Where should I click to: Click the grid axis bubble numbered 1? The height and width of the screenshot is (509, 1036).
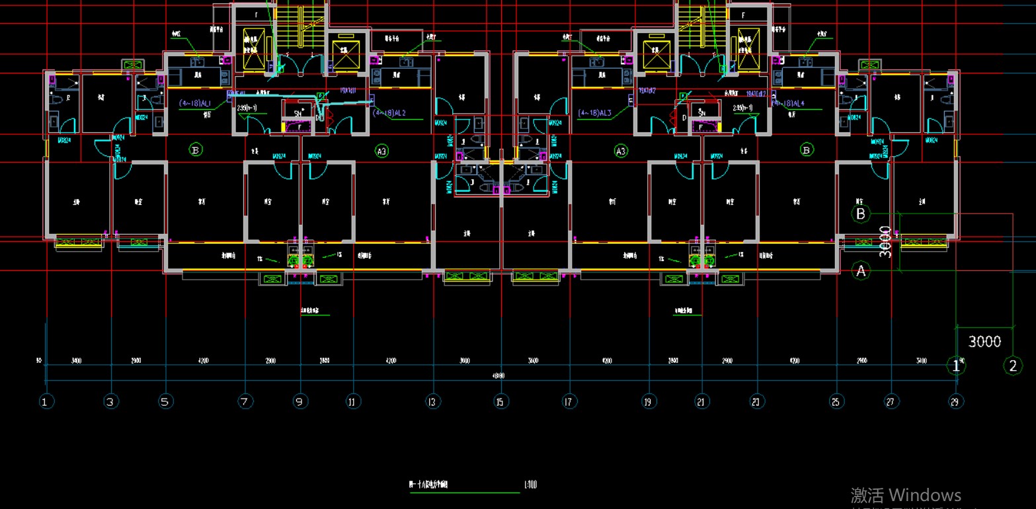[x=46, y=401]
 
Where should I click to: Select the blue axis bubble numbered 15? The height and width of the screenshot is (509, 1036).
[x=500, y=401]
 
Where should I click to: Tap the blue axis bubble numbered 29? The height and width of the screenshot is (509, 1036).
[x=955, y=401]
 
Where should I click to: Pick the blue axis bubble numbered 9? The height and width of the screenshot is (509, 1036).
[x=300, y=401]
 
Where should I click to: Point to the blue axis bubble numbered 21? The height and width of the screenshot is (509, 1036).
[x=702, y=401]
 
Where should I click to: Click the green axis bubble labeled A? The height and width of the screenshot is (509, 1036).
[x=860, y=270]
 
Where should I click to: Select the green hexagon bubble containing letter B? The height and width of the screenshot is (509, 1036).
[x=860, y=214]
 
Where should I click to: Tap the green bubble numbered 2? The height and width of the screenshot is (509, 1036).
[x=1013, y=366]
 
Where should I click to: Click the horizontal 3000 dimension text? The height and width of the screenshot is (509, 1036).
[x=984, y=342]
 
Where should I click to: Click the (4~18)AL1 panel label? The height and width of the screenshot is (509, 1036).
[x=196, y=104]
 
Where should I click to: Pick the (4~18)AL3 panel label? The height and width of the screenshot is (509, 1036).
[x=595, y=113]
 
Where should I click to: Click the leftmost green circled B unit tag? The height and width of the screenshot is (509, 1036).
[x=195, y=150]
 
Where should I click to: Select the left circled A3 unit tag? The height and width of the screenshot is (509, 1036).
[x=381, y=151]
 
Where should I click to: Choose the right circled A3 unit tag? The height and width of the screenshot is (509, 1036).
[x=620, y=151]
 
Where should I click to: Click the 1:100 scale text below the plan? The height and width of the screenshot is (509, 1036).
[x=530, y=485]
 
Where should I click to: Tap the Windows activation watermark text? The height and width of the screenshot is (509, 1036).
[x=905, y=495]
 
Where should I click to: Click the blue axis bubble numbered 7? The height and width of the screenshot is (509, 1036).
[x=245, y=401]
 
